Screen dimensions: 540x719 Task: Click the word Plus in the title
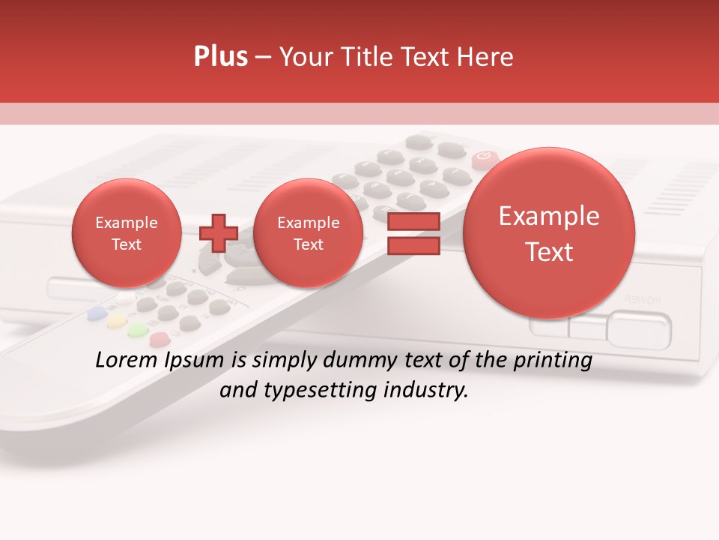220,57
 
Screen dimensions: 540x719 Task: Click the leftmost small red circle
127,233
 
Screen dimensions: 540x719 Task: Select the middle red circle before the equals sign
308,233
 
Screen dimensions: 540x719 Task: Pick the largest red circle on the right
549,233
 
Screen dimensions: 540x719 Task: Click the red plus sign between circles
218,233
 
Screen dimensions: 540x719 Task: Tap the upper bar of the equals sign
413,222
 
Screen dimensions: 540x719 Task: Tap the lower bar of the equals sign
413,246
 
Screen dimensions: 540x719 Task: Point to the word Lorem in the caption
126,360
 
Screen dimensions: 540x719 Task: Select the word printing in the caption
551,360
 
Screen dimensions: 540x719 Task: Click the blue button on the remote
96,314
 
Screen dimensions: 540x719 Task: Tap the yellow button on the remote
116,322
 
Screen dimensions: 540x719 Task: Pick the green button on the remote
137,330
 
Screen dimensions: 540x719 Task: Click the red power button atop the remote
484,157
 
